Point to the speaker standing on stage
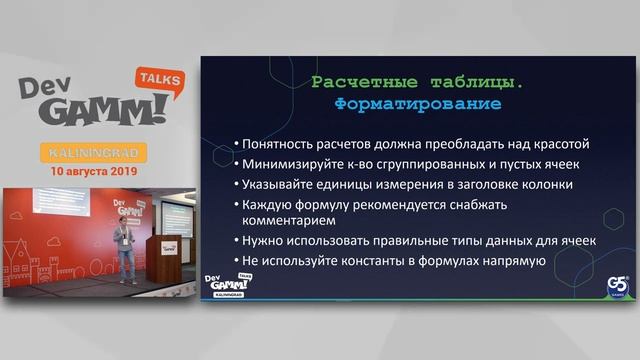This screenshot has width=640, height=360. [x=123, y=251]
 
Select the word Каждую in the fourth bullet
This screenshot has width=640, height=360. [x=265, y=203]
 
